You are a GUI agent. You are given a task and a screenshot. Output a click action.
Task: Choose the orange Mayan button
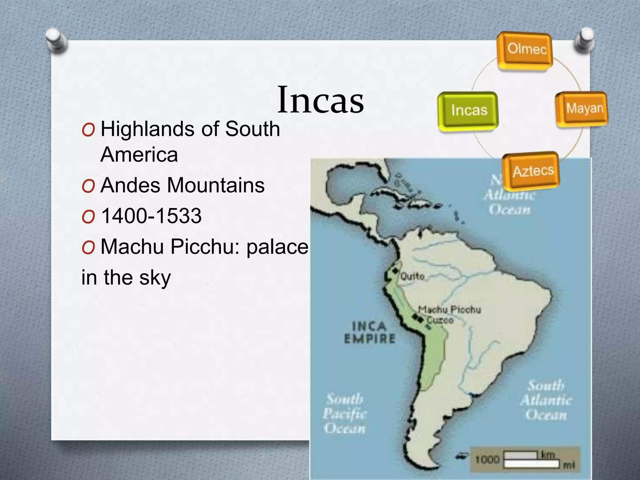(x=582, y=108)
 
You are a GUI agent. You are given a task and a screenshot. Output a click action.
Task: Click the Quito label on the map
(x=412, y=276)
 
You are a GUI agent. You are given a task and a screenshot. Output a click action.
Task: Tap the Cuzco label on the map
(x=440, y=320)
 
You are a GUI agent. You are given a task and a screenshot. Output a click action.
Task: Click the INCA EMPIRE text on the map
(x=370, y=332)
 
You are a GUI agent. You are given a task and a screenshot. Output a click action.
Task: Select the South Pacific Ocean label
(x=345, y=413)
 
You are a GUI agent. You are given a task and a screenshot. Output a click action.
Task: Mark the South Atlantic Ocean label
(x=546, y=400)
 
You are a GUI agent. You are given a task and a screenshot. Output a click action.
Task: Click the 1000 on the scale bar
(x=487, y=459)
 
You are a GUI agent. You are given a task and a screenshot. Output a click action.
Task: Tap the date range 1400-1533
(x=151, y=216)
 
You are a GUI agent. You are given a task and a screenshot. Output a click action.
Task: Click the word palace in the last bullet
(x=277, y=247)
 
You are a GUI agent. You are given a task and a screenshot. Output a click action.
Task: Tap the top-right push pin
(x=584, y=40)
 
